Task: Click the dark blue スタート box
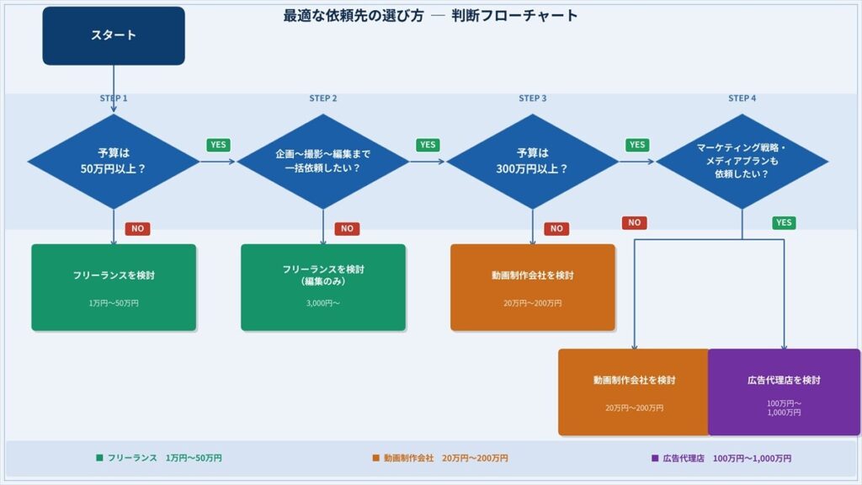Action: click(x=114, y=35)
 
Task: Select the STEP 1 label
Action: click(x=114, y=99)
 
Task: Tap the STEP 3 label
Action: click(x=533, y=99)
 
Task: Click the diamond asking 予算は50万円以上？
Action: click(x=114, y=161)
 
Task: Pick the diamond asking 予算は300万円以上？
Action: click(x=533, y=161)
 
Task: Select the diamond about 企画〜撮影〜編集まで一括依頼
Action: click(x=323, y=161)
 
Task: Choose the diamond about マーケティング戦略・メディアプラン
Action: click(x=742, y=161)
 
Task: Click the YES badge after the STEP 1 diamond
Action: click(x=219, y=145)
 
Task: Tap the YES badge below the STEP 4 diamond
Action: click(x=784, y=223)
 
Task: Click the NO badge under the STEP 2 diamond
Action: click(x=347, y=228)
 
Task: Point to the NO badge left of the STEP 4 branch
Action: click(x=635, y=223)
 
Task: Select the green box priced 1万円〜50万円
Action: click(x=114, y=287)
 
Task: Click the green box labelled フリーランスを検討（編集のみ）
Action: click(x=323, y=287)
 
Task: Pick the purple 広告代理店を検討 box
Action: click(x=784, y=392)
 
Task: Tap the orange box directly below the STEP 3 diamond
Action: click(x=533, y=287)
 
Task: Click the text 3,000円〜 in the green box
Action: click(x=323, y=303)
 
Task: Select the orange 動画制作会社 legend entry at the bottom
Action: click(x=440, y=458)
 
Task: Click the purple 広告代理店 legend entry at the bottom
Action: click(x=721, y=458)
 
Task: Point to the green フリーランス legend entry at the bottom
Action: click(x=159, y=458)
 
